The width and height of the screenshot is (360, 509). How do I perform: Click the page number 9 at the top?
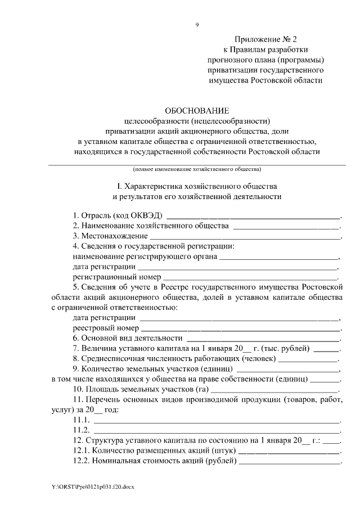[x=196, y=24]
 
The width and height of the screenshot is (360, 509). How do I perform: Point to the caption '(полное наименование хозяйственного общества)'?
[x=197, y=169]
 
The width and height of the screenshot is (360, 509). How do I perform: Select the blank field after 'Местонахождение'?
[x=246, y=237]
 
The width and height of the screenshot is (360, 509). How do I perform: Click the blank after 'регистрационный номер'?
[x=251, y=277]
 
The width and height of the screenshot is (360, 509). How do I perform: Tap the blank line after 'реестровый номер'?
[x=241, y=328]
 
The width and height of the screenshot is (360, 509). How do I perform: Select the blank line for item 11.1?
[x=217, y=421]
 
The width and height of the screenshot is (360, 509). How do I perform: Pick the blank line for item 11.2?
[x=217, y=431]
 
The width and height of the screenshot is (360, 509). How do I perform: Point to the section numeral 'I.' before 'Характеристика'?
[x=119, y=186]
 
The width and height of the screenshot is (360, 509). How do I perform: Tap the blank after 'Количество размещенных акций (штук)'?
[x=290, y=452]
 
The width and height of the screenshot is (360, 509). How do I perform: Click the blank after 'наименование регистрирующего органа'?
[x=279, y=257]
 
